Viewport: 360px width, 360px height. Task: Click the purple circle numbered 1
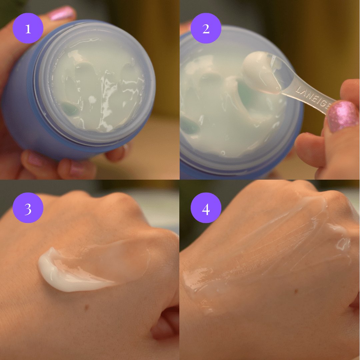click(x=28, y=28)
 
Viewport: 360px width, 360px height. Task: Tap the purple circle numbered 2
click(x=206, y=28)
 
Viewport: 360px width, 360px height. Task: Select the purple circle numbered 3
click(x=28, y=208)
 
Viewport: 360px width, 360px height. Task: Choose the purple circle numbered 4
click(x=206, y=208)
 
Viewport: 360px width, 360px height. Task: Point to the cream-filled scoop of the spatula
click(x=262, y=71)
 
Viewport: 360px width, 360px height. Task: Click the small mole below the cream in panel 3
click(x=87, y=307)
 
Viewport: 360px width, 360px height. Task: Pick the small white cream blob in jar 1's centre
click(x=92, y=100)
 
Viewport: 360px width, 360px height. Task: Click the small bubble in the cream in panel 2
click(x=223, y=152)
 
